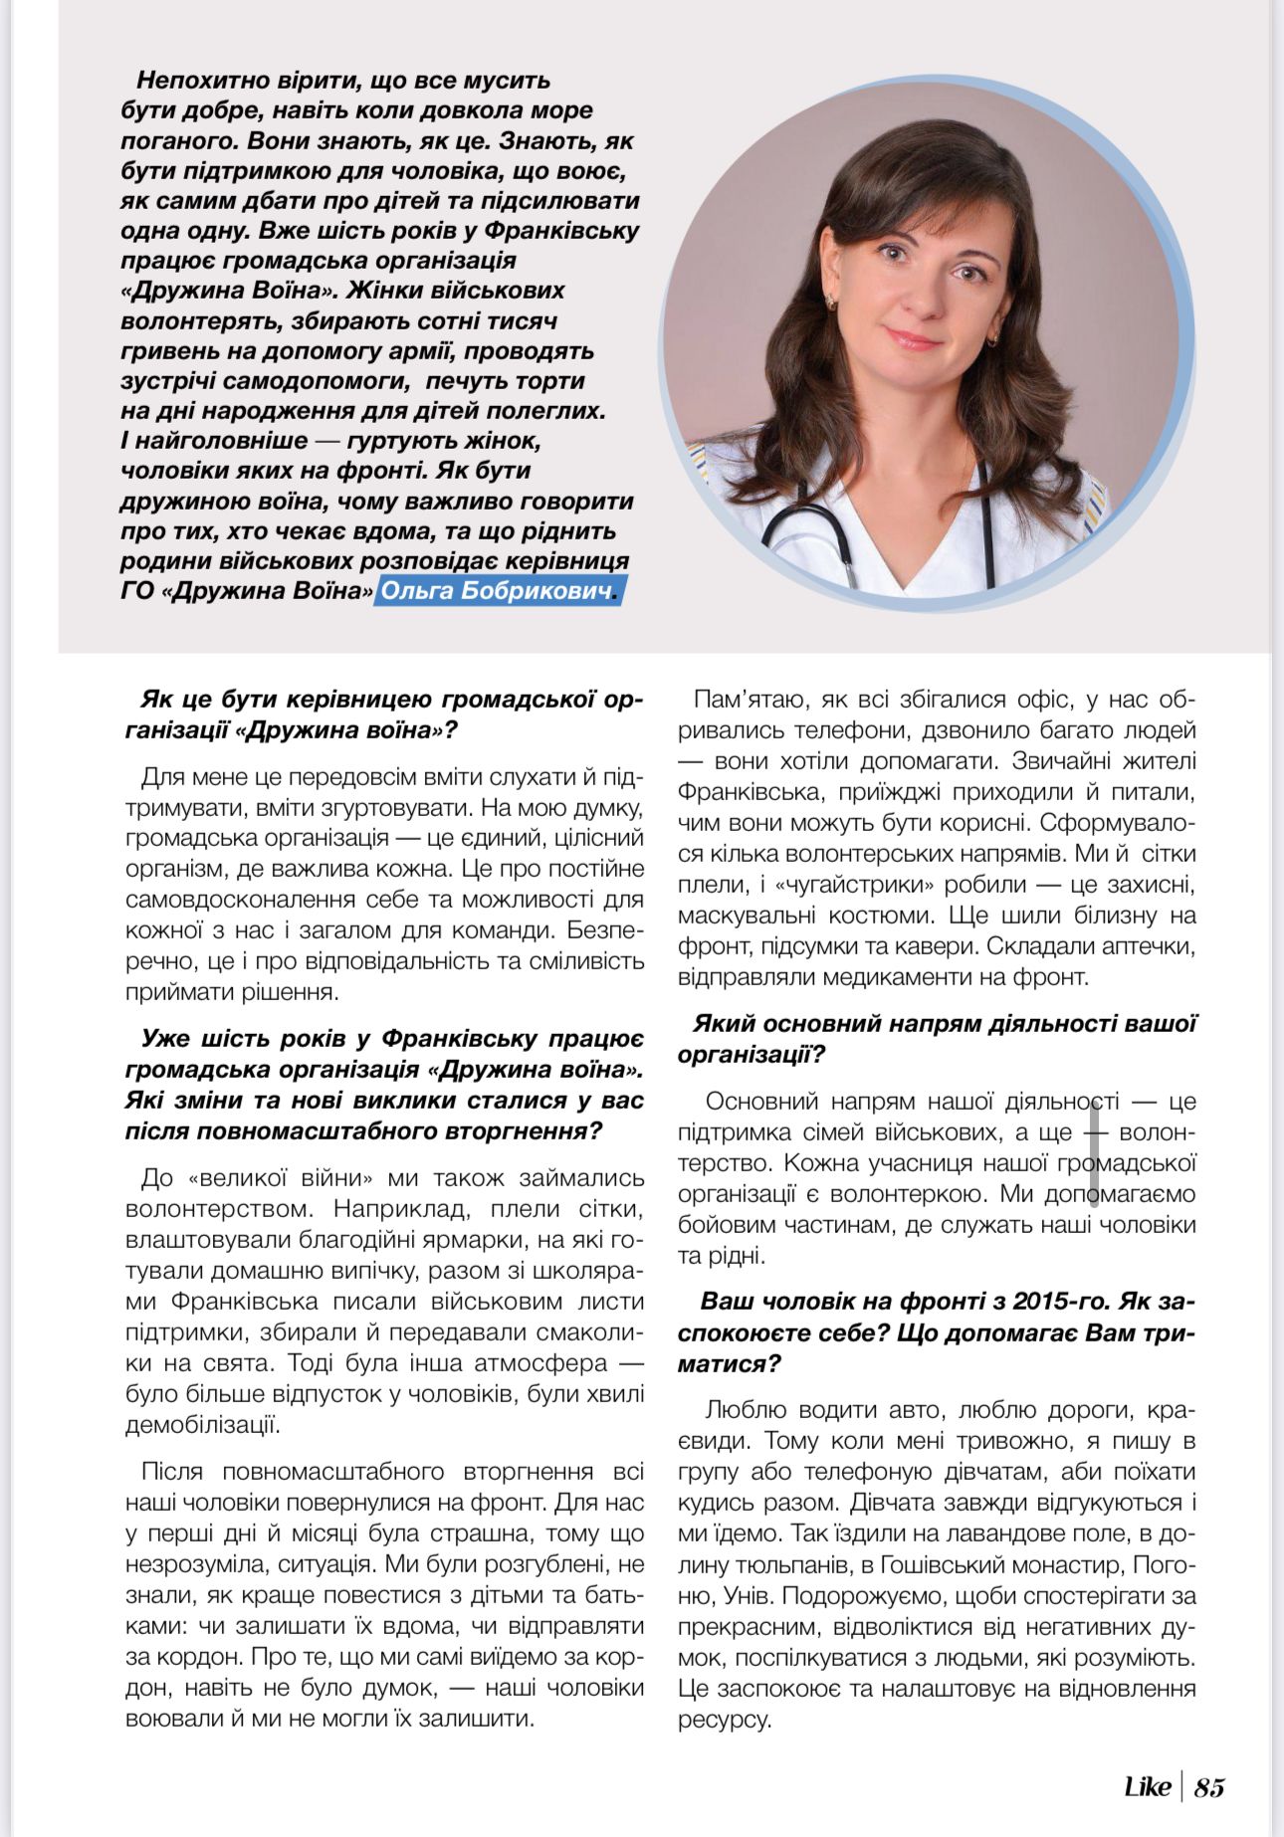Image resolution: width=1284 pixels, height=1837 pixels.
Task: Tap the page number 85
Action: [1209, 1787]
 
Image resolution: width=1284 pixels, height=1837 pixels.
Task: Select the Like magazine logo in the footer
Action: [1147, 1787]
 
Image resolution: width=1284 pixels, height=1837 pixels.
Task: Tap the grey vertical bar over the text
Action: [1094, 1152]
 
